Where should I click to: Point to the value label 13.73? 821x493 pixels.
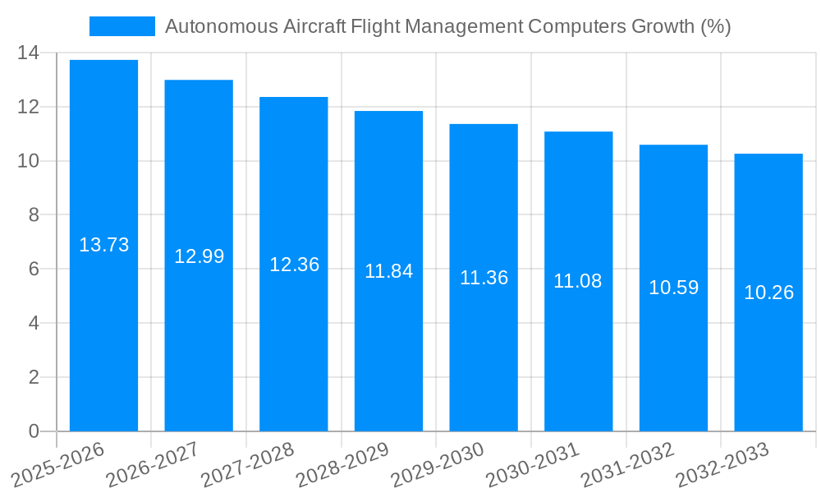pyautogui.click(x=103, y=245)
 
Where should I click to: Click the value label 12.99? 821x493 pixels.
pyautogui.click(x=199, y=256)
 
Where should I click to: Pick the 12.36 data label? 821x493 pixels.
pyautogui.click(x=294, y=265)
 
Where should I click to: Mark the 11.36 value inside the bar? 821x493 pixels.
pyautogui.click(x=484, y=278)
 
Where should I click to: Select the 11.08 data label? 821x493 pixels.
pyautogui.click(x=577, y=281)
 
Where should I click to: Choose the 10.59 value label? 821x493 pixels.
pyautogui.click(x=673, y=288)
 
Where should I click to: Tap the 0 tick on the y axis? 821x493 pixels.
pyautogui.click(x=34, y=431)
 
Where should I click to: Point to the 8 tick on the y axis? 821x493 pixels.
pyautogui.click(x=34, y=215)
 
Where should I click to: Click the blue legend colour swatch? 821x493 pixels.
pyautogui.click(x=122, y=26)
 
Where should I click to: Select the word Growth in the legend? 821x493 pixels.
pyautogui.click(x=663, y=26)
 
